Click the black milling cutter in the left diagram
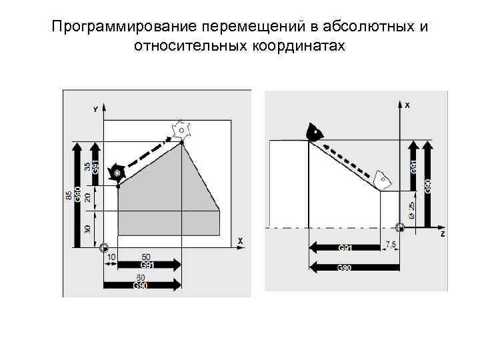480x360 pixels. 117,173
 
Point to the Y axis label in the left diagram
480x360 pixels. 95,109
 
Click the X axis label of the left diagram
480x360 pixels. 240,240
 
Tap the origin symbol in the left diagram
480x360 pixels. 103,248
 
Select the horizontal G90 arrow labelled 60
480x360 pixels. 142,285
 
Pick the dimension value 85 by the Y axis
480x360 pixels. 69,195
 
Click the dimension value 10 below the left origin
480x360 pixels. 111,257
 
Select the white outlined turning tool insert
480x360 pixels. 382,178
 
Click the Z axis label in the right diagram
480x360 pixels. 442,235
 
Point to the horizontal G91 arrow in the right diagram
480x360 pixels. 344,248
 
